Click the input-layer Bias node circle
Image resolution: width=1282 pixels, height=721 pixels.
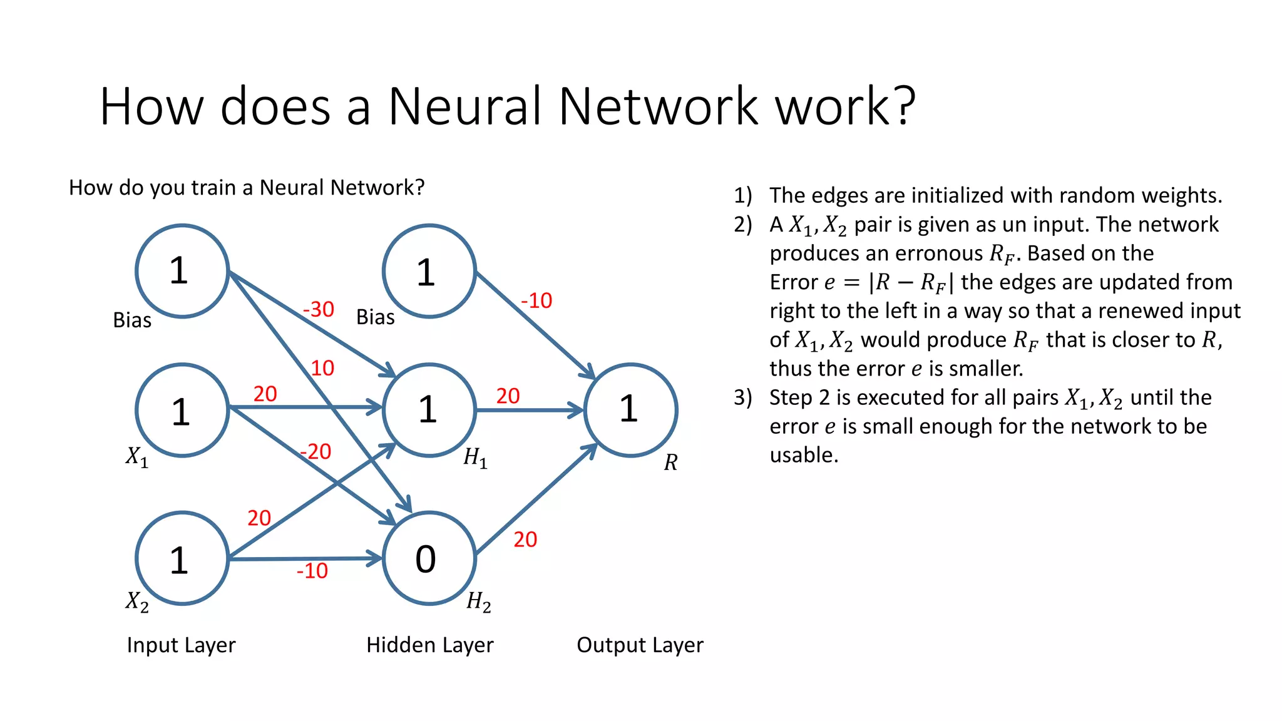pos(182,271)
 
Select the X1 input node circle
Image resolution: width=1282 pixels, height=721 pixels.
pos(182,411)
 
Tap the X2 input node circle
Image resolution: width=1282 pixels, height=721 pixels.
pos(182,558)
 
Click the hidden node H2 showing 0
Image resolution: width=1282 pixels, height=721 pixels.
pos(429,558)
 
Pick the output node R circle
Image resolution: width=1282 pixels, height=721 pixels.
pos(630,410)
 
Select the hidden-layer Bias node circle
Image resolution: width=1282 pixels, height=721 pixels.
pos(429,272)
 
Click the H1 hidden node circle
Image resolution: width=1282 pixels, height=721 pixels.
pos(429,410)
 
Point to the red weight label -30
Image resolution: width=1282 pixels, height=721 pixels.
pos(318,309)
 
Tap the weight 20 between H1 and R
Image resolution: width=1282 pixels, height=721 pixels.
pos(508,396)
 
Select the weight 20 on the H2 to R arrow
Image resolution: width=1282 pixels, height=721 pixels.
pos(525,539)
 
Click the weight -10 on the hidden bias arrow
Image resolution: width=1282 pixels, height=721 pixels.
pos(536,300)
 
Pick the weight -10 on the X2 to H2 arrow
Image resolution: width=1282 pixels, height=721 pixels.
pos(312,571)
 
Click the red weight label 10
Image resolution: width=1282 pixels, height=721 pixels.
pos(322,368)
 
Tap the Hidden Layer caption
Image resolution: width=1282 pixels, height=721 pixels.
pos(429,645)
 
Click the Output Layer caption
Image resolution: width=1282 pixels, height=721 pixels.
pos(640,645)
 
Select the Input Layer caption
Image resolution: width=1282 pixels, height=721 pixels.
pos(181,645)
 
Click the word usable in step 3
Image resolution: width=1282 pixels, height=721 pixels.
pos(803,455)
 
